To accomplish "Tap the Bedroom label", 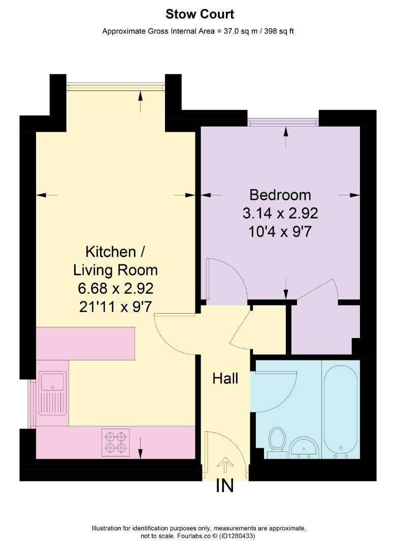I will point(280,195).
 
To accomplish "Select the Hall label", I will point(225,378).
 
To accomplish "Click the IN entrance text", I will point(224,486).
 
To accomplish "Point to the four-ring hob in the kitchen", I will point(116,441).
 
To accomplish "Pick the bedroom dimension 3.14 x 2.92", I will point(280,212).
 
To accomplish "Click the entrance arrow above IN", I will point(225,463).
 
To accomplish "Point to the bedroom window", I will point(283,122).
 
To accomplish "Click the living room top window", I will point(116,87).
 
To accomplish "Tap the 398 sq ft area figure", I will point(276,31).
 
